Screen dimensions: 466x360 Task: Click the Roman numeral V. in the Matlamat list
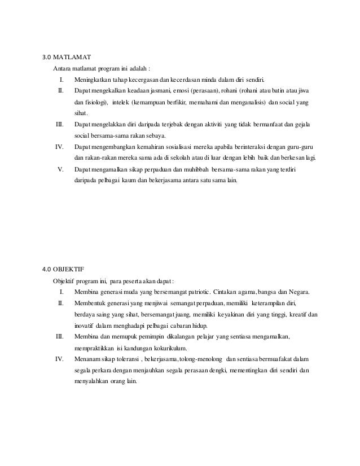(x=61, y=170)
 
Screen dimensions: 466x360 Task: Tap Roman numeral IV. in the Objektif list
(x=59, y=359)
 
